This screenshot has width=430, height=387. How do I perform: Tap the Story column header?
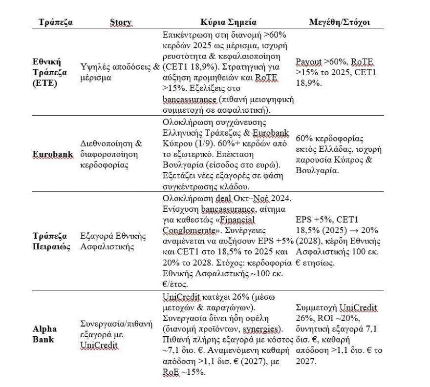pyautogui.click(x=120, y=23)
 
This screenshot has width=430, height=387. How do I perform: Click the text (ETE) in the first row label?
pyautogui.click(x=44, y=83)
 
